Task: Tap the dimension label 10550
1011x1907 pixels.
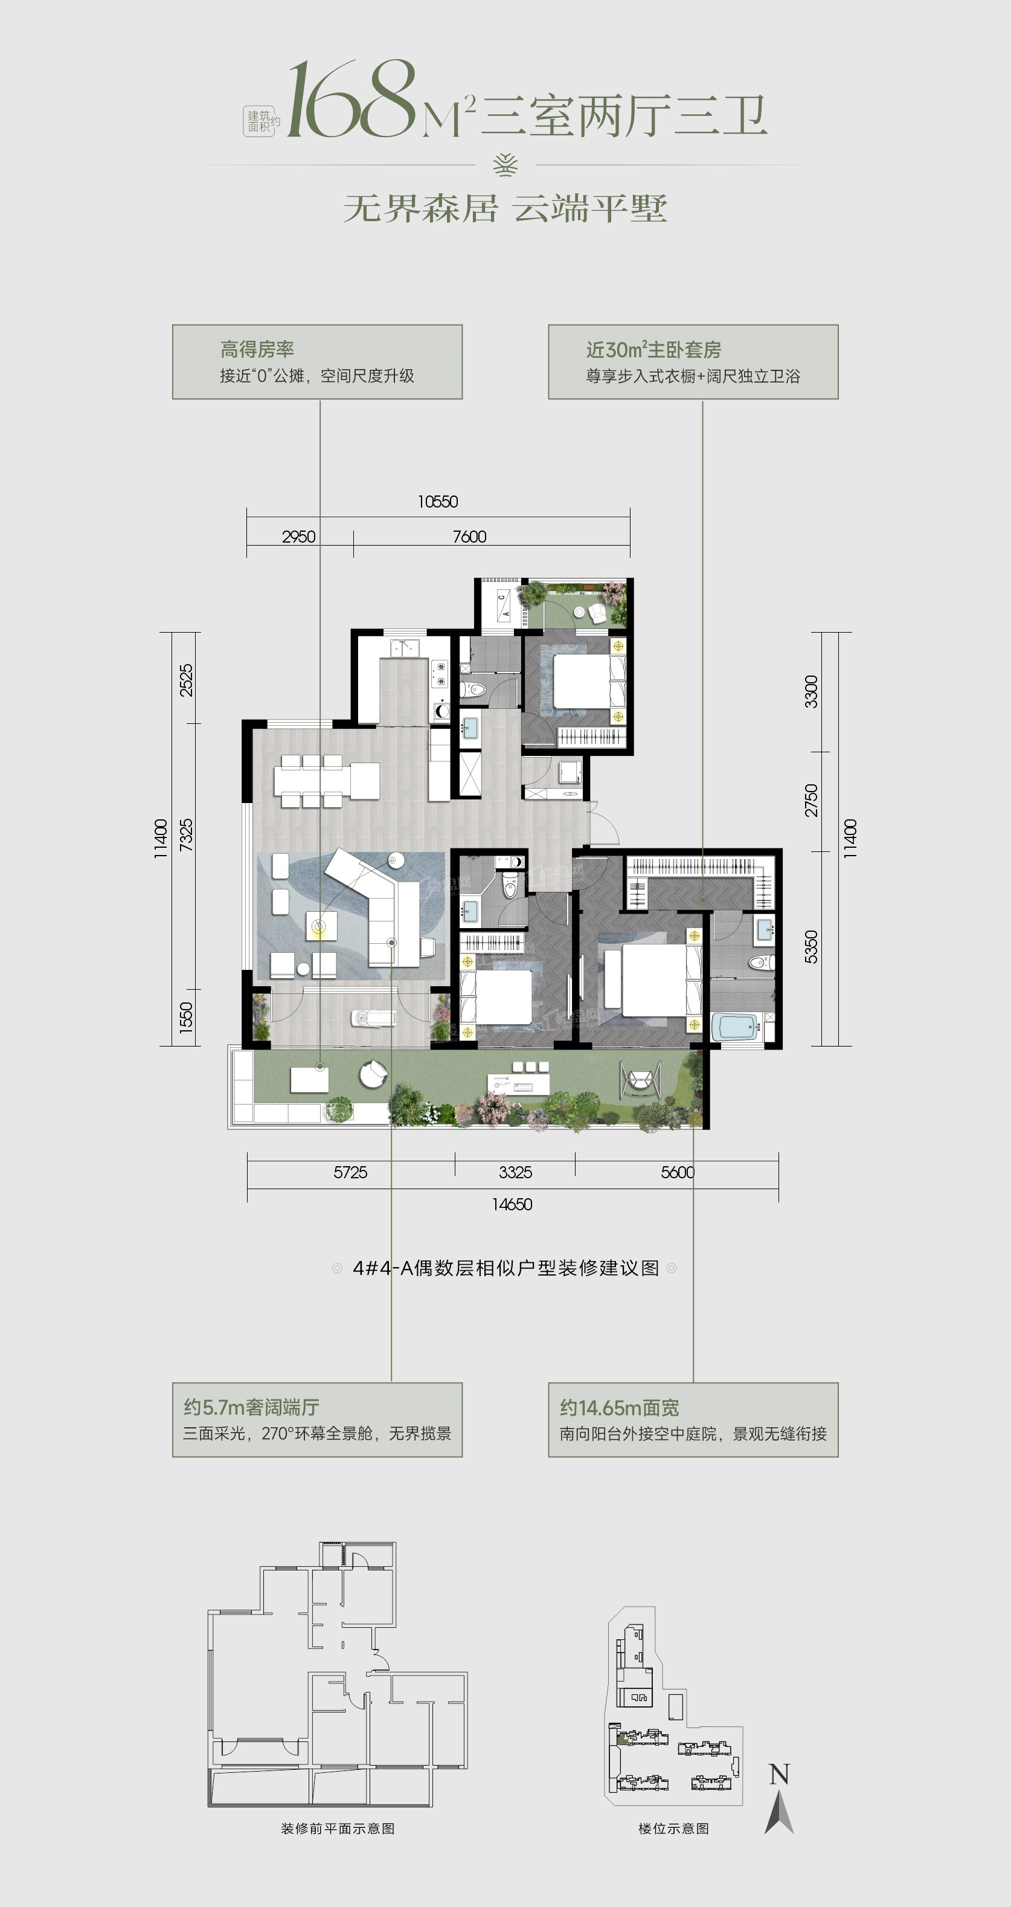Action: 437,502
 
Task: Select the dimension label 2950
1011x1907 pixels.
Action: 299,537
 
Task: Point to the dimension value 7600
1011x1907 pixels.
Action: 469,537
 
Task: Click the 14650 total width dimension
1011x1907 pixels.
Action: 512,1204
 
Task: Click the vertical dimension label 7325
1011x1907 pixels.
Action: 186,834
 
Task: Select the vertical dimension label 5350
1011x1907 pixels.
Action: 811,947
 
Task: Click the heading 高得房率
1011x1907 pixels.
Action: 257,349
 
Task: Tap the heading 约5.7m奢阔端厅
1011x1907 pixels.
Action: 252,1407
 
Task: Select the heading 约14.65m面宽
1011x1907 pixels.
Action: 620,1407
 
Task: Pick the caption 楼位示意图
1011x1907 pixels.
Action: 673,1828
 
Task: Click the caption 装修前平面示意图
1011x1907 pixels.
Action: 338,1828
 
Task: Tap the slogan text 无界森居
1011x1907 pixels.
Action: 420,208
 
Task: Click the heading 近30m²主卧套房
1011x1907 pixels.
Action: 653,349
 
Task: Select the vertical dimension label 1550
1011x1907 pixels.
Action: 186,1017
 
